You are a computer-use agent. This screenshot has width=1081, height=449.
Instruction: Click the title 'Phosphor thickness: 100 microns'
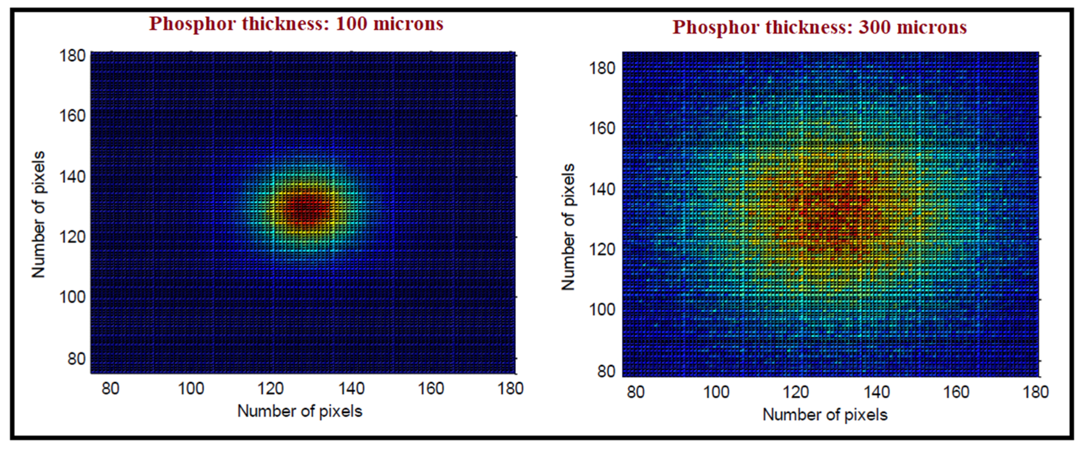pos(296,24)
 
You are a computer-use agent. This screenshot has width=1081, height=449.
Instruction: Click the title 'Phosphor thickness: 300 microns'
pos(820,27)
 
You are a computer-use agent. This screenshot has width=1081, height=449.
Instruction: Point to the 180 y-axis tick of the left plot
pos(72,55)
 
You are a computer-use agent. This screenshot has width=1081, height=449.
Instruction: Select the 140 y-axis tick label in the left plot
pos(72,176)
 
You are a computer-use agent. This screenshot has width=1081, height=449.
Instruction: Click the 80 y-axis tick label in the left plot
pos(77,359)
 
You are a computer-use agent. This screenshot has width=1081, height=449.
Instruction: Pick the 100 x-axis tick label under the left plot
pos(191,388)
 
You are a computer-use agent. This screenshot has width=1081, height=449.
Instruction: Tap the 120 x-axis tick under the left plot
pos(271,388)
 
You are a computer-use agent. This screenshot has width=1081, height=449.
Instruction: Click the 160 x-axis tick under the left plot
pos(431,388)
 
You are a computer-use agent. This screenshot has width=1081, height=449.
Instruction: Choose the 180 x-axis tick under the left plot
pos(511,388)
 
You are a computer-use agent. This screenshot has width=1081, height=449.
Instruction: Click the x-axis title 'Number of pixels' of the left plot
pos(300,411)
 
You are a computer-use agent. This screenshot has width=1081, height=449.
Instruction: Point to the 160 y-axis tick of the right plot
pos(602,128)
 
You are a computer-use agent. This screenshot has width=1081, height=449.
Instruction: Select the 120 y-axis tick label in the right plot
pos(602,250)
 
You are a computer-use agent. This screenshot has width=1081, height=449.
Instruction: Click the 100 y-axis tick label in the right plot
pos(602,310)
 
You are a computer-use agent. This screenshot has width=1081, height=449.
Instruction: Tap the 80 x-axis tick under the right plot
pos(635,392)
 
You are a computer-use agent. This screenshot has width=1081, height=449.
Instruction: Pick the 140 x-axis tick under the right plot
pos(877,392)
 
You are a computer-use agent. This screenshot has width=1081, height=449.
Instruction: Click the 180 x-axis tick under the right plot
pos(1036,392)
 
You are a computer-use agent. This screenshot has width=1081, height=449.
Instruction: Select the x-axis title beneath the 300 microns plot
pos(825,415)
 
